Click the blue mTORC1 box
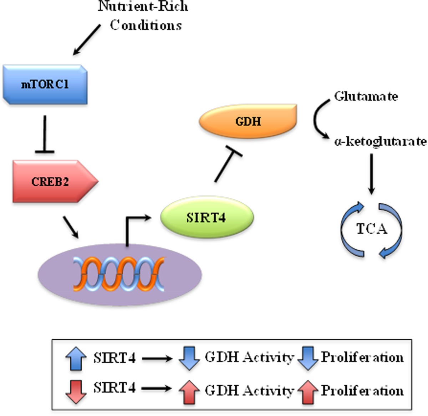click(45, 85)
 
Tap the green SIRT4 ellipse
click(207, 217)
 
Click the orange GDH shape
click(248, 121)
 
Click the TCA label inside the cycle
click(371, 229)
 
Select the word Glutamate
click(366, 97)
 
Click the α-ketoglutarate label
click(380, 141)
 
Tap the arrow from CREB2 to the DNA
click(71, 227)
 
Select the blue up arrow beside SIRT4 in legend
click(76, 359)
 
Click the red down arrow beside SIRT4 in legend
click(76, 391)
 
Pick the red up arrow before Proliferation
click(307, 391)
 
